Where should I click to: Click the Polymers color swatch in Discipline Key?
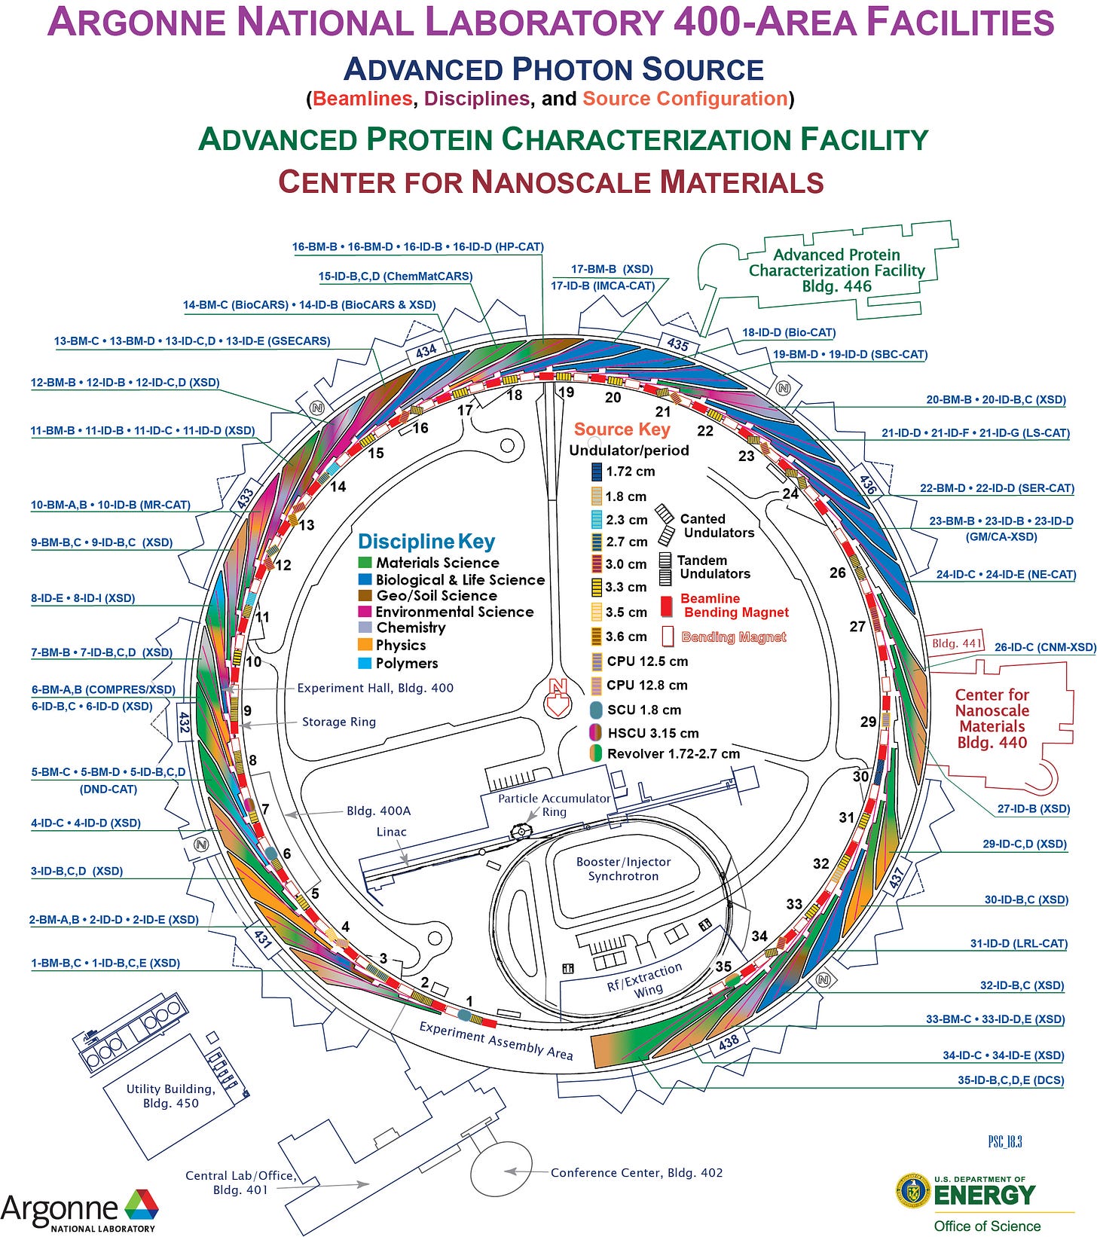365,663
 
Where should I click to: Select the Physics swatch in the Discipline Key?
365,645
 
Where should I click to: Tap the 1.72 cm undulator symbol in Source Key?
597,472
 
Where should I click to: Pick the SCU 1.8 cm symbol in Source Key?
596,710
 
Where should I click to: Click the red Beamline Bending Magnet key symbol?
665,606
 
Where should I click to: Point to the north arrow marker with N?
558,697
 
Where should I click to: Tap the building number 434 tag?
426,351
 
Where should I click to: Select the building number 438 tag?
729,1042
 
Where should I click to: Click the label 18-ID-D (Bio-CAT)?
789,332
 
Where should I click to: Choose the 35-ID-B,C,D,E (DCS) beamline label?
1010,1080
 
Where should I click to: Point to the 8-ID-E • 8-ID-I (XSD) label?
83,598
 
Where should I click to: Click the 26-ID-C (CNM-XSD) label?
1044,647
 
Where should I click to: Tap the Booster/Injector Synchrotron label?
623,869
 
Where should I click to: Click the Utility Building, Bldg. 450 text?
170,1095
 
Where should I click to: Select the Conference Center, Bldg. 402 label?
636,1172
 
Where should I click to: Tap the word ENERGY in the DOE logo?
985,1195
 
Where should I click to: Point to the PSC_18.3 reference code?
1004,1141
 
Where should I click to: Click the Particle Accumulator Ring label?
554,805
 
